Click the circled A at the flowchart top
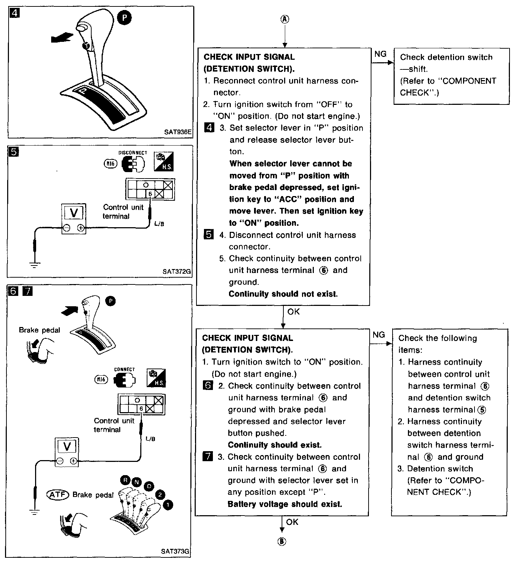tap(285, 19)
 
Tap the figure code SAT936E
tap(177, 132)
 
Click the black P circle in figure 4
tap(124, 18)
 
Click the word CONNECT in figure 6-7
tap(125, 370)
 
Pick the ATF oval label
tap(57, 495)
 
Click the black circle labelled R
tap(125, 479)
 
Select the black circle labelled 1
tap(167, 504)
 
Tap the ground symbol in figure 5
tap(34, 265)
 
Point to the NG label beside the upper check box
tap(380, 54)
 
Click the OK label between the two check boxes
tap(293, 312)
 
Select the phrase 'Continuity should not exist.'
tap(283, 294)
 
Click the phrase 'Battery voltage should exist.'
tap(285, 504)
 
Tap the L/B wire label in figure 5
tap(159, 224)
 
